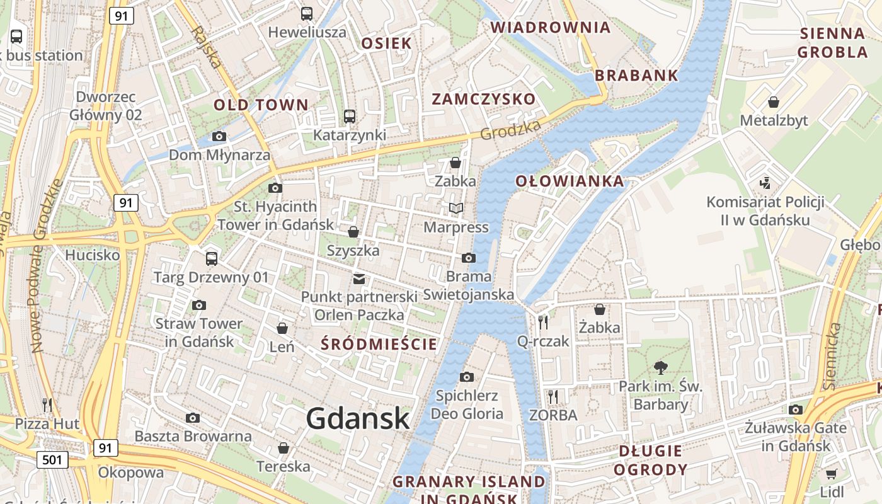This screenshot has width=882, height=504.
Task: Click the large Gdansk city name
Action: pos(358,419)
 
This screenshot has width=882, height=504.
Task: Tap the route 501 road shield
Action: pos(52,459)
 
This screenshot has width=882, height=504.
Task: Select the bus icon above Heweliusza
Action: pos(307,14)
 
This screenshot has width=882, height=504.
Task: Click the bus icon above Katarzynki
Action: pos(350,117)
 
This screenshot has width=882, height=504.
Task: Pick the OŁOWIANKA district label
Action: pos(570,181)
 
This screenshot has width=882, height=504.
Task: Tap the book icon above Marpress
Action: pos(455,208)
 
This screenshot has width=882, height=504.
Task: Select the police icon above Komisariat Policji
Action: pos(765,183)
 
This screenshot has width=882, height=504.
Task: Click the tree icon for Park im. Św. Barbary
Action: pos(660,368)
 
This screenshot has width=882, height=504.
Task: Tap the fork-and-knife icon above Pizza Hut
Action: pos(47,404)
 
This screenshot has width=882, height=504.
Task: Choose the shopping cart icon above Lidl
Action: pos(832,473)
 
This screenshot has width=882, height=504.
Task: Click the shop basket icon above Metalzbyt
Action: pos(774,102)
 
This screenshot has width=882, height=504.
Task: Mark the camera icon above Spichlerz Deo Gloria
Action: pos(467,377)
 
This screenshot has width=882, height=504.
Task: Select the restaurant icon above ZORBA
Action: pos(553,396)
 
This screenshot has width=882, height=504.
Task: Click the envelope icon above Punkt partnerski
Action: pos(358,278)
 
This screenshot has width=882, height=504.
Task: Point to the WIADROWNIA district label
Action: pos(551,28)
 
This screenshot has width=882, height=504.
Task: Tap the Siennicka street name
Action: pos(831,355)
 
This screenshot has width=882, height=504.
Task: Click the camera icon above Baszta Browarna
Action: pos(193,418)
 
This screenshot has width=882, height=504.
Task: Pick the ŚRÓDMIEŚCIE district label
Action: pos(379,344)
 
